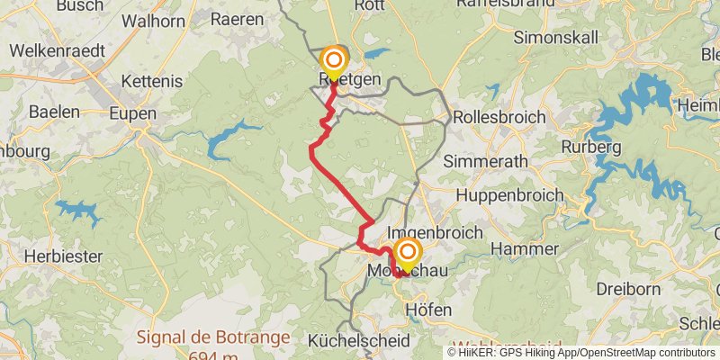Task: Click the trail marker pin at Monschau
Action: click(x=408, y=254)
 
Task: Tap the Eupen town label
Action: click(x=132, y=114)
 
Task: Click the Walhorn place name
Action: click(x=153, y=20)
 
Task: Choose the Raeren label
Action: click(x=237, y=17)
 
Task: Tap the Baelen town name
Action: click(x=54, y=112)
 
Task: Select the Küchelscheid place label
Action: click(x=358, y=341)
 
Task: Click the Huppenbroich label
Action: click(x=509, y=195)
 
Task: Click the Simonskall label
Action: click(x=553, y=38)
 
